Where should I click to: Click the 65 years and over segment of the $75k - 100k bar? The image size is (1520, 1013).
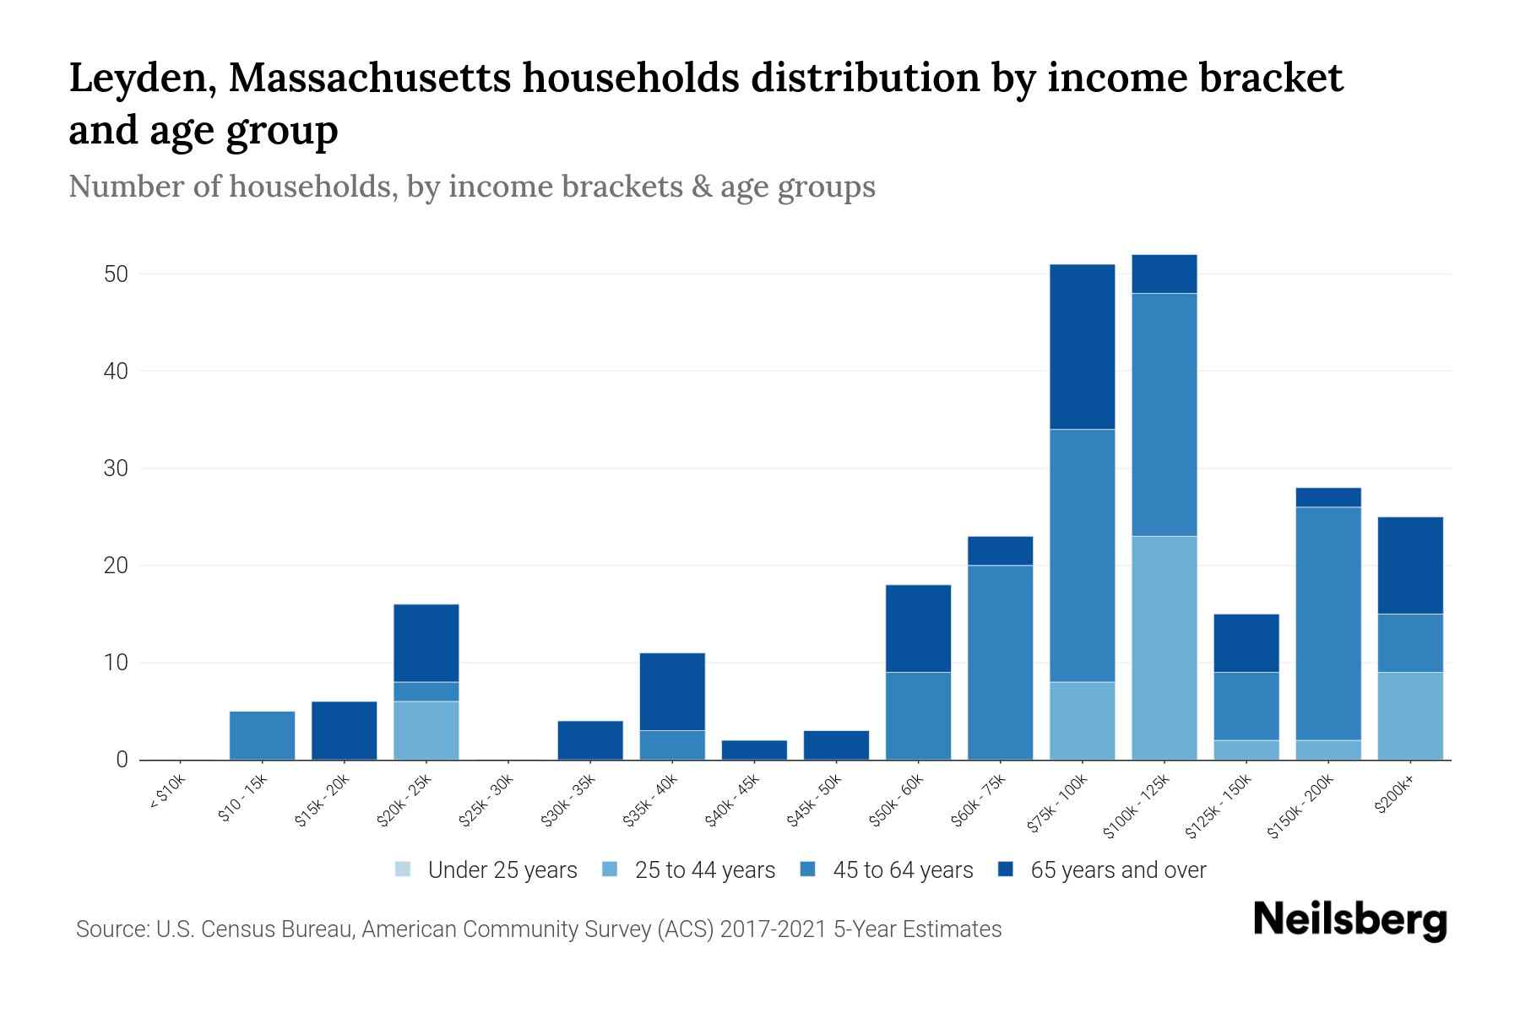click(x=1082, y=347)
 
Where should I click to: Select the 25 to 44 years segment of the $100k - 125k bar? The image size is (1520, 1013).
click(x=1164, y=647)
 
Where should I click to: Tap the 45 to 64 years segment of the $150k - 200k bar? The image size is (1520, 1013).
click(x=1328, y=623)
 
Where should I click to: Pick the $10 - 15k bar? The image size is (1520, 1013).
click(x=262, y=735)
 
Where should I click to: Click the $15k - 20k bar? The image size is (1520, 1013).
click(x=344, y=730)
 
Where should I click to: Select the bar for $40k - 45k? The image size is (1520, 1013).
click(x=754, y=750)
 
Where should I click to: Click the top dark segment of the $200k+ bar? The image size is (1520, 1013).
click(x=1410, y=565)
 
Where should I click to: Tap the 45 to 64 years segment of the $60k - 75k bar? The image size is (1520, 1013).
click(x=1000, y=662)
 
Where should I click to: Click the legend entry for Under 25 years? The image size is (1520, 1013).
click(x=486, y=869)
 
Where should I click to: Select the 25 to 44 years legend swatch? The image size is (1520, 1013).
click(x=611, y=869)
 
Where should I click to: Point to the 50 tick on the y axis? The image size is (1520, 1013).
click(x=116, y=274)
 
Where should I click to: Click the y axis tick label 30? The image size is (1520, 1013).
click(x=116, y=469)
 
